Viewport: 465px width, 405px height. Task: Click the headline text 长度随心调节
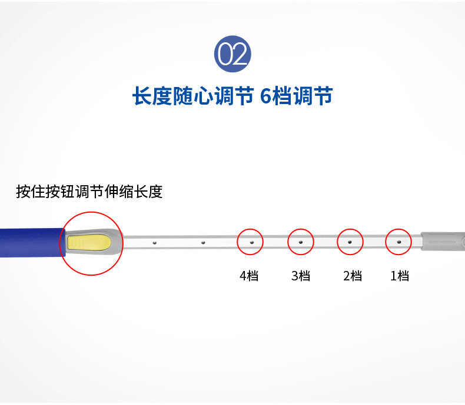pyautogui.click(x=193, y=96)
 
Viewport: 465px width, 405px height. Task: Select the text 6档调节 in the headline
pyautogui.click(x=296, y=96)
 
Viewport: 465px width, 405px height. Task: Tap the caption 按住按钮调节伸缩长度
pyautogui.click(x=89, y=192)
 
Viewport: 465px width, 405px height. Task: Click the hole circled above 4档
pyautogui.click(x=250, y=242)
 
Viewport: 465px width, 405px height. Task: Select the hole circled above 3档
pyautogui.click(x=300, y=242)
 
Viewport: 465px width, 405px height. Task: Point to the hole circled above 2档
pyautogui.click(x=350, y=242)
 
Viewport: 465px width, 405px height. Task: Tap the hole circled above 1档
pyautogui.click(x=398, y=242)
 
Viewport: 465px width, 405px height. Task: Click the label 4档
pyautogui.click(x=248, y=276)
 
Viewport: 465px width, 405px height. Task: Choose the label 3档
pyautogui.click(x=300, y=276)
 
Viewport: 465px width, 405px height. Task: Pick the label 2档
pyautogui.click(x=352, y=276)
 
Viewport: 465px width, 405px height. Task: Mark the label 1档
pyautogui.click(x=399, y=276)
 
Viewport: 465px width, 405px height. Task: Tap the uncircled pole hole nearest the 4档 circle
pyautogui.click(x=202, y=242)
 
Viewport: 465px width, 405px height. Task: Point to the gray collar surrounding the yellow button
pyautogui.click(x=117, y=243)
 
